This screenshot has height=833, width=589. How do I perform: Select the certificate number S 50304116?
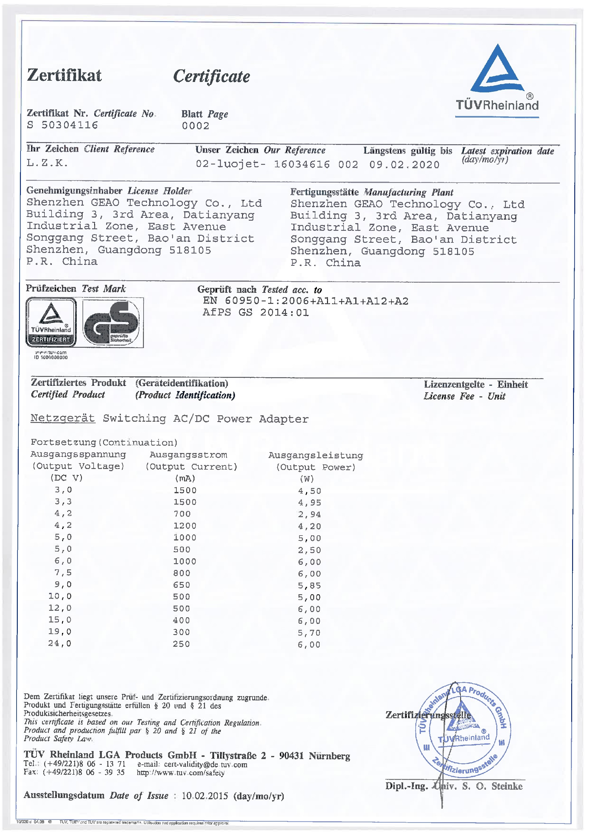pos(62,125)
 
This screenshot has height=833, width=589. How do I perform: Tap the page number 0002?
pos(195,126)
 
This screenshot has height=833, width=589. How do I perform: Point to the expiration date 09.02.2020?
pos(404,165)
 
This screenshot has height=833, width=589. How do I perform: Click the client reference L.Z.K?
pos(47,163)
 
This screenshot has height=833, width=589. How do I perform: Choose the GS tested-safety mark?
pos(113,323)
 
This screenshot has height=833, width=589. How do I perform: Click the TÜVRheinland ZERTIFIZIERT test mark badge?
pos(51,322)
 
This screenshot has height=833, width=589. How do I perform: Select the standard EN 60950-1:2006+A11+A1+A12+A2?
pos(305,301)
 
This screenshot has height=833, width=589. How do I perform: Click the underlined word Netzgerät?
pos(62,418)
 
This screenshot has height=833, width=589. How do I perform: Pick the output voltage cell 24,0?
pos(60,644)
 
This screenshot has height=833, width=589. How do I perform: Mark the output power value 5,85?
pos(309,586)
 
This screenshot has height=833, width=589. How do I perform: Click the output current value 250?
pos(181,644)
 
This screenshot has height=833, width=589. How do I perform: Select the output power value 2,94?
pos(309,514)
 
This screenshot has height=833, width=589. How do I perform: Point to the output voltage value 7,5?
pos(63,572)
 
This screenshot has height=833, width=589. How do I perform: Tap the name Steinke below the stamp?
pos(507,787)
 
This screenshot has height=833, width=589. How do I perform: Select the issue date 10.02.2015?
pos(205,796)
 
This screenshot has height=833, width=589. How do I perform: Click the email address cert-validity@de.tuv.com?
pos(205,765)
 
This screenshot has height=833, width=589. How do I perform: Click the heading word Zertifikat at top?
pos(64,75)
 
